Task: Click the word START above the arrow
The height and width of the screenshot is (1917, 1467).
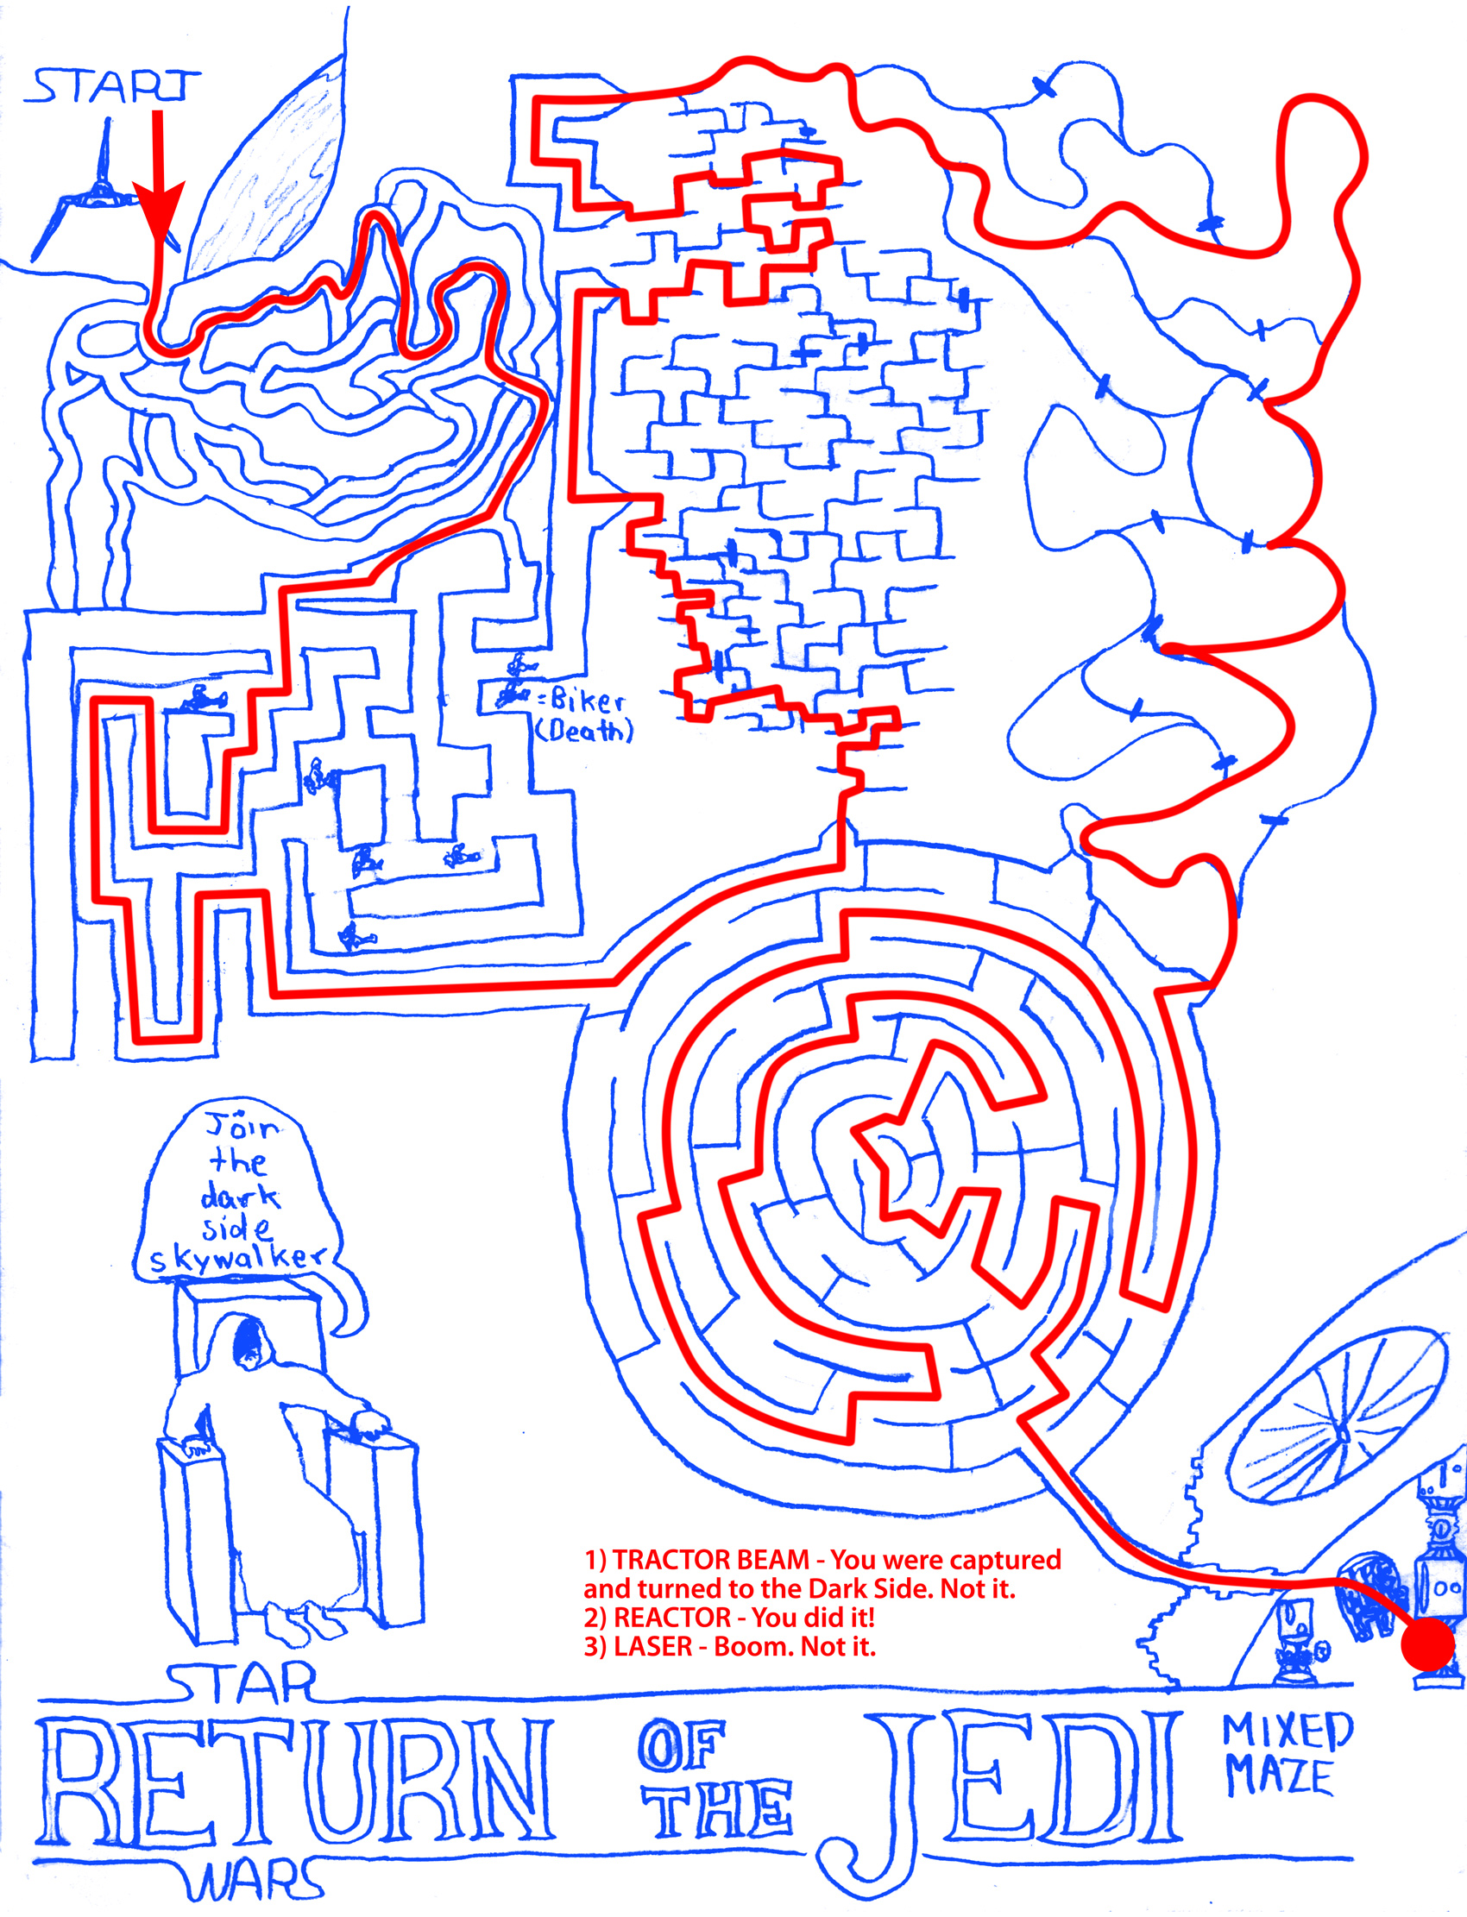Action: click(114, 85)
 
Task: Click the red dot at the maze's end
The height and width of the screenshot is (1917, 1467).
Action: click(1427, 1643)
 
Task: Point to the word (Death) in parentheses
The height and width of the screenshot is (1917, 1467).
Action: click(584, 731)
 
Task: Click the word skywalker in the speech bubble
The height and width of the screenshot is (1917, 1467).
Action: click(237, 1258)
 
